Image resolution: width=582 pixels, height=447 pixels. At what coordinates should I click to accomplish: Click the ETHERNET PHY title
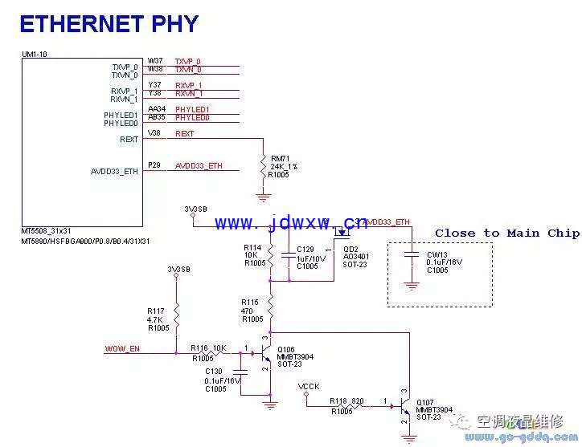(109, 24)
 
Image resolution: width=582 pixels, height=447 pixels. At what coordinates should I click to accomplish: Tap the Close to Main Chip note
(506, 234)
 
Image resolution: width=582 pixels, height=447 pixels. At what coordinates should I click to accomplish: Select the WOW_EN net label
(122, 349)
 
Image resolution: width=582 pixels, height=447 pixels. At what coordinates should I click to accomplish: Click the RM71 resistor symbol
(263, 167)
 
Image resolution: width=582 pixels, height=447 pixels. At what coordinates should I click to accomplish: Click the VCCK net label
(309, 387)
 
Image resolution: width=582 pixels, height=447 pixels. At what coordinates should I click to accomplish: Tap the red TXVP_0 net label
(187, 62)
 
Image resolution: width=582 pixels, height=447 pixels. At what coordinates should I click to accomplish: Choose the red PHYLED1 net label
(192, 109)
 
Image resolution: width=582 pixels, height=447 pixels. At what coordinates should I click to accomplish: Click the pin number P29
(154, 165)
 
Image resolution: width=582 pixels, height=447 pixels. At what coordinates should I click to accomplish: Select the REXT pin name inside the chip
(129, 140)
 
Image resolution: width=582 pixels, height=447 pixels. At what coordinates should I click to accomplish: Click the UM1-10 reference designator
(34, 55)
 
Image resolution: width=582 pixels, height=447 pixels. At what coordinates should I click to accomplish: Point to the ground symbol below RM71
(263, 195)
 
